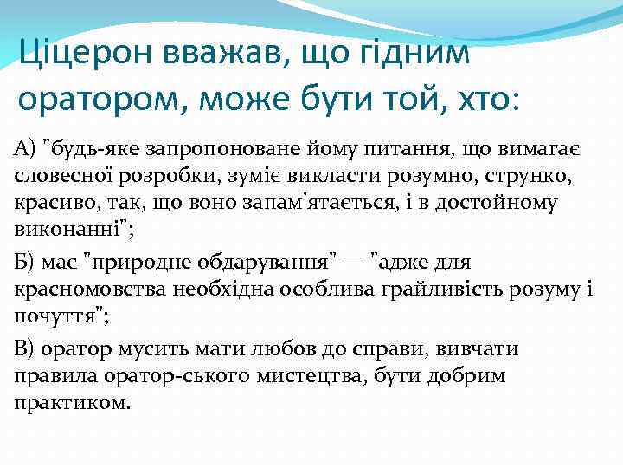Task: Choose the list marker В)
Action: coord(25,348)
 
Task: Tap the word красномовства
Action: coord(87,290)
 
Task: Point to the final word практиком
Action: coord(73,406)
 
